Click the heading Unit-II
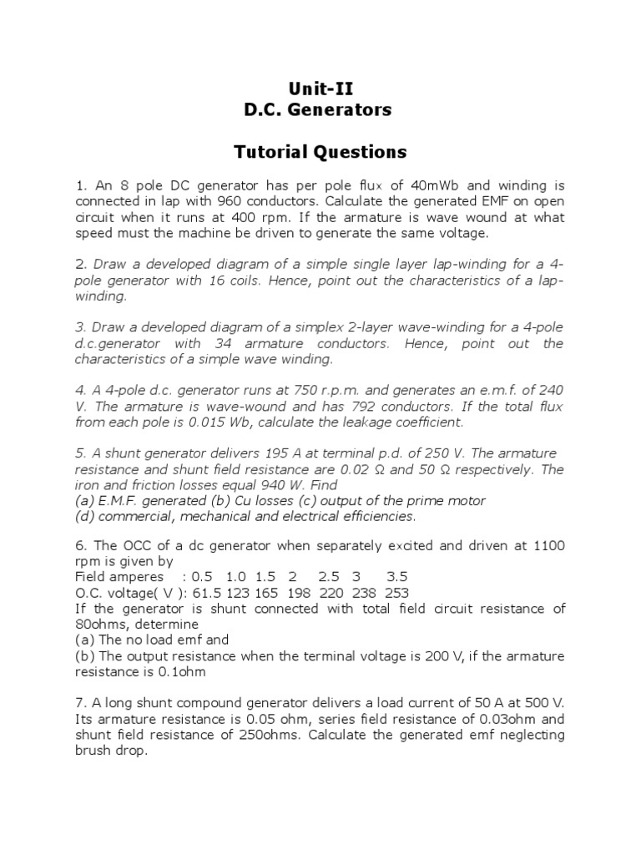(320, 89)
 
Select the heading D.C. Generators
(320, 109)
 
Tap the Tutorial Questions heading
(320, 152)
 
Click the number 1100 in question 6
(549, 546)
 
